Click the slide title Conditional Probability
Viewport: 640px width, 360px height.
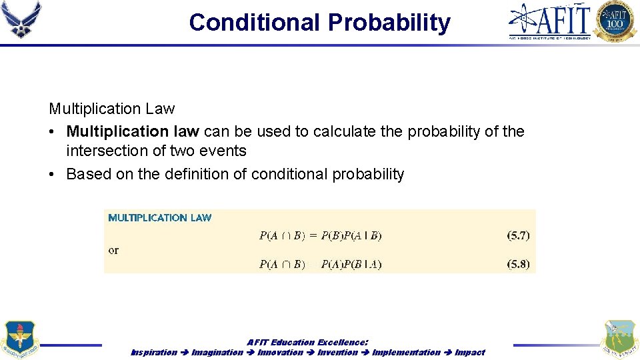319,22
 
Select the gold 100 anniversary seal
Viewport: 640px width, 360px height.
615,21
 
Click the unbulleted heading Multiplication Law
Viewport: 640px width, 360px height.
112,109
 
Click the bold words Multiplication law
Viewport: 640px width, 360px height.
133,131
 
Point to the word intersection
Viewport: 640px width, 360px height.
109,151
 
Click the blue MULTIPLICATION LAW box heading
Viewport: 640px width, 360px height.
160,217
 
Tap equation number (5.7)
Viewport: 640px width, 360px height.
518,235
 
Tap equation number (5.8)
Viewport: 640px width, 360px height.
518,264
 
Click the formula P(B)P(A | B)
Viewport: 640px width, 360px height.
351,235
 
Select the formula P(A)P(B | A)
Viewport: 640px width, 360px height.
351,264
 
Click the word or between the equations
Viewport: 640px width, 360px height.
113,250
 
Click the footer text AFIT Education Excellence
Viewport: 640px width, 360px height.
307,342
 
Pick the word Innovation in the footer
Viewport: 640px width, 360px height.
280,352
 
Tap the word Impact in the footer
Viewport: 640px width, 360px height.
469,352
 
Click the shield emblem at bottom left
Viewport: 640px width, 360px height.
20,339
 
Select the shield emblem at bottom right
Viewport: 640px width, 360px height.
619,339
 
